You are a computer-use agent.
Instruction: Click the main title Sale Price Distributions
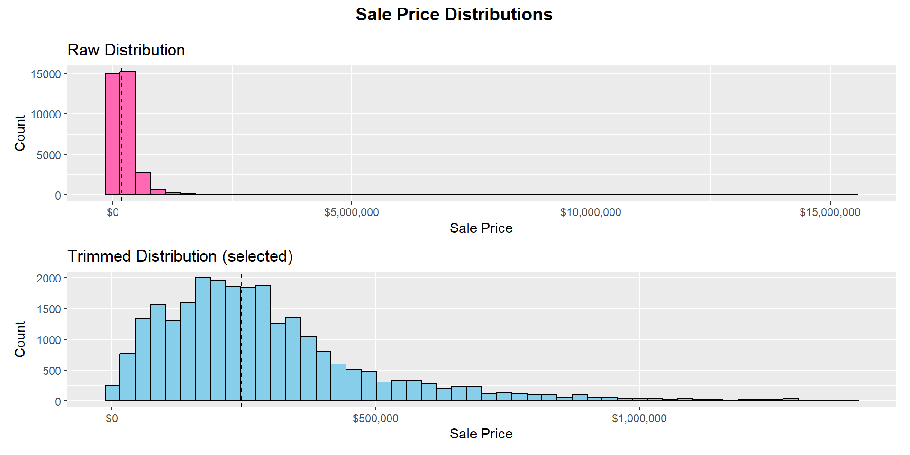(454, 15)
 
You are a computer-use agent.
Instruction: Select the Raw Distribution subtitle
(126, 50)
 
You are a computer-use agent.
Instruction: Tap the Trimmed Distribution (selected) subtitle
(180, 256)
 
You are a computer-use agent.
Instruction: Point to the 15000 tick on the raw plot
(46, 74)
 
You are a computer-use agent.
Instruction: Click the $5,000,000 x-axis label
(351, 212)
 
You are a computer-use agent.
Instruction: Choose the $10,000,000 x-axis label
(591, 212)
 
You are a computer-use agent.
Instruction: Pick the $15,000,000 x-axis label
(829, 212)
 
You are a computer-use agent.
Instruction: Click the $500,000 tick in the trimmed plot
(375, 419)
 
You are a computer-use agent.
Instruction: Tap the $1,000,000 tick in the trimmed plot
(639, 419)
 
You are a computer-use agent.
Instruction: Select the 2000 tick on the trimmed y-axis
(49, 278)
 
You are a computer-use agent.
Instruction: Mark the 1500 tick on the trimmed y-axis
(49, 309)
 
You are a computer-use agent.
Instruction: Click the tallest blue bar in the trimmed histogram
(203, 339)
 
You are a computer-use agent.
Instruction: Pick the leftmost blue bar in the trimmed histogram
(112, 393)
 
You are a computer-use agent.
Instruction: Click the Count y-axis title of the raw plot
(20, 133)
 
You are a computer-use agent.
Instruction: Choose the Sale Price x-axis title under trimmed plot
(481, 434)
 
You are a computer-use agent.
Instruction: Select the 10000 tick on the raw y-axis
(46, 114)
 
